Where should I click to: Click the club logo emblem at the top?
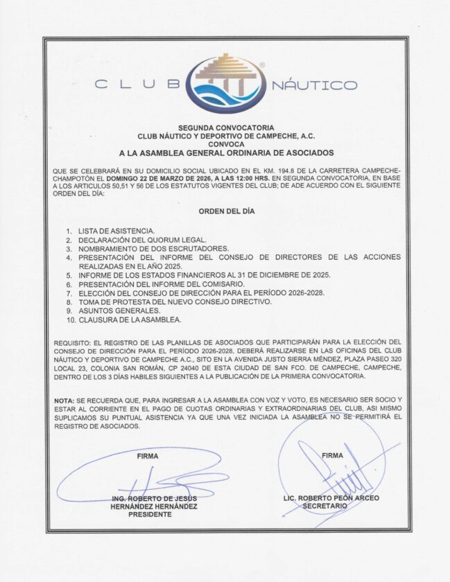click(225, 83)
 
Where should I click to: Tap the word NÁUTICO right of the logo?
click(313, 85)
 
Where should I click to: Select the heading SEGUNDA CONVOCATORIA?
click(226, 128)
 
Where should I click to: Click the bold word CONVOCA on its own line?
click(226, 144)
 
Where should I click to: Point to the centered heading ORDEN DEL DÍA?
click(226, 211)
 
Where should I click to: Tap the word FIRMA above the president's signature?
click(148, 457)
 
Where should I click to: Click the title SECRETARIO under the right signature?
click(325, 506)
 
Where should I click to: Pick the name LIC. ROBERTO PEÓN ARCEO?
click(331, 498)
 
